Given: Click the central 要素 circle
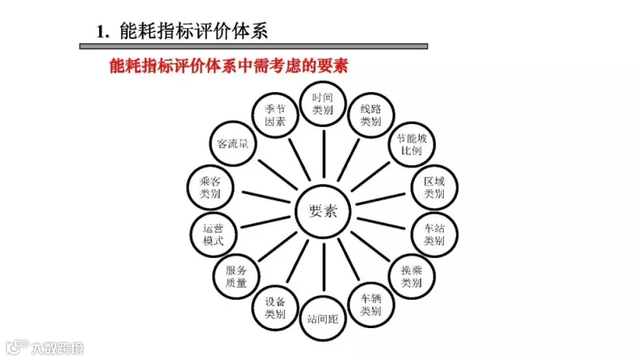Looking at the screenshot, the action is [323, 211].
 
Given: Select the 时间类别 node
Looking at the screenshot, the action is [323, 103].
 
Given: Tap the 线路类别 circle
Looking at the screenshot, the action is [371, 115].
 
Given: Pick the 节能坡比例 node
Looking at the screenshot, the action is [412, 145].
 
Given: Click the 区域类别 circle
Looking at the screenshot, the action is [435, 187].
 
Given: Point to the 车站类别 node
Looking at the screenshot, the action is [435, 235].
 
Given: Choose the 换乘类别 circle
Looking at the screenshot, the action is [412, 276].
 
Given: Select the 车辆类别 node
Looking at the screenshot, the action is [371, 305].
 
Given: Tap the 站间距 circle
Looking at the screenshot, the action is [323, 319].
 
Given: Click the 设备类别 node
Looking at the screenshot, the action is [275, 308].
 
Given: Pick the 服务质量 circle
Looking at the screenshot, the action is [236, 276].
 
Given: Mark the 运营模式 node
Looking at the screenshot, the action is [213, 235].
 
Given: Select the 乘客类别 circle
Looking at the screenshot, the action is [210, 187].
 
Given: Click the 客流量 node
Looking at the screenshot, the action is [233, 144].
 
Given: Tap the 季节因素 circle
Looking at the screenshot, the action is [275, 115].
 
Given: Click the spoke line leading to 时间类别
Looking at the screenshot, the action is [324, 154].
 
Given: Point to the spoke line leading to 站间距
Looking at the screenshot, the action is [324, 267].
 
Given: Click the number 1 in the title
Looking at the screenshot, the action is [101, 32].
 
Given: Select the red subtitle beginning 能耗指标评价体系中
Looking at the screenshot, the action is [229, 66].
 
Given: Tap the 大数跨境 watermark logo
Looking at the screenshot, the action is [44, 348].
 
